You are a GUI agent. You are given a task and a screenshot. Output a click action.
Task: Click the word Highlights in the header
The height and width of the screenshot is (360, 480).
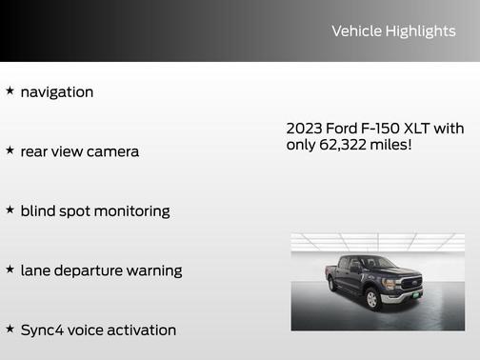[421, 31]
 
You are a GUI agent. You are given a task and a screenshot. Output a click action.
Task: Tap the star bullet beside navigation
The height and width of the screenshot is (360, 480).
[10, 91]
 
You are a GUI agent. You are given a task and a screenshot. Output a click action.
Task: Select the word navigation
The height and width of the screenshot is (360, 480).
[57, 92]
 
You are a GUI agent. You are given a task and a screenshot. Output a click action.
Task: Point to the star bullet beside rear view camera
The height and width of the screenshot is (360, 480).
[10, 150]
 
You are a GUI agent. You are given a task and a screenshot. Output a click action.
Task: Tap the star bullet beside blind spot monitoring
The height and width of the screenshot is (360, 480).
[10, 210]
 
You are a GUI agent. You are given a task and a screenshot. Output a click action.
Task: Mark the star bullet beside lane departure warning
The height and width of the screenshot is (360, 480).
[10, 270]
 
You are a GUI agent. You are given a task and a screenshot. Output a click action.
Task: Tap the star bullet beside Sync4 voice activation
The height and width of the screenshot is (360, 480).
[10, 329]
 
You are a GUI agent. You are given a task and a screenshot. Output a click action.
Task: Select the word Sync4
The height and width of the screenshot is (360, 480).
[42, 330]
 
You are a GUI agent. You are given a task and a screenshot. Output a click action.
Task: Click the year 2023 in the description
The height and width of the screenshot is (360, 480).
[305, 129]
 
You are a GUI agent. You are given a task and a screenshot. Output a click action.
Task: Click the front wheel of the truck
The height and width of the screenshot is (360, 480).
[371, 299]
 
